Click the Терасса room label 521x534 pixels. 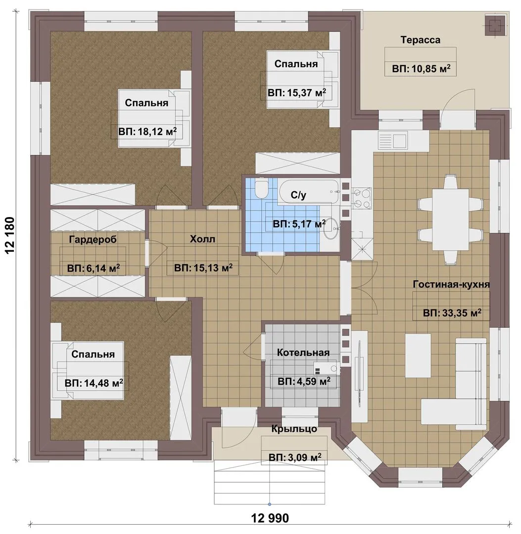tap(420, 40)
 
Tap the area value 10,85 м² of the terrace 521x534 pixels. tap(421, 69)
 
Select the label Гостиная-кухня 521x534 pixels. tap(451, 284)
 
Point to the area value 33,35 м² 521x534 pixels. tap(452, 312)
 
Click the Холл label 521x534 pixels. tap(202, 239)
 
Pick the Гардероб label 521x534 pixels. tap(93, 239)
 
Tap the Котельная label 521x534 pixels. tap(303, 353)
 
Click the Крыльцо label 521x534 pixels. tap(294, 429)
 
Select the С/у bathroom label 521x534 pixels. tap(298, 195)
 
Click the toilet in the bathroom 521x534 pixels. tap(262, 189)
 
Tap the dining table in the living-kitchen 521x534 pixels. tap(450, 220)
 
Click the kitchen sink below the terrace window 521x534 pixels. tap(393, 140)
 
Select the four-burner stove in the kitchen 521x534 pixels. tap(362, 198)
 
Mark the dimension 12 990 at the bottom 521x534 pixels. tap(270, 518)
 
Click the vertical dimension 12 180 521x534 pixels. tap(10, 235)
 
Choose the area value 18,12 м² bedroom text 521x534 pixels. tap(147, 132)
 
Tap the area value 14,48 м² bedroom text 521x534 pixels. tap(94, 383)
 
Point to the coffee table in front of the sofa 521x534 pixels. tap(418, 356)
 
